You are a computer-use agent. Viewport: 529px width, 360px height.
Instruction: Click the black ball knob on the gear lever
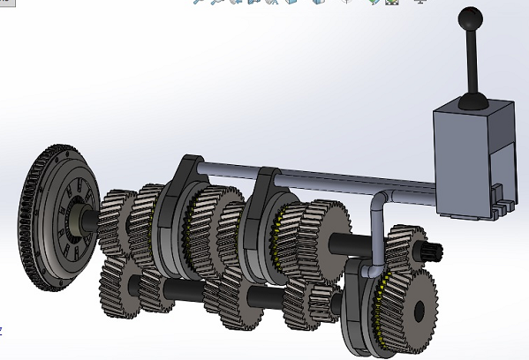pyautogui.click(x=468, y=17)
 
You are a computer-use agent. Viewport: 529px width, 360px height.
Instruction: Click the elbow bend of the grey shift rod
pyautogui.click(x=377, y=199)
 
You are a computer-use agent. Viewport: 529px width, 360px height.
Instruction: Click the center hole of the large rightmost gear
pyautogui.click(x=416, y=310)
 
